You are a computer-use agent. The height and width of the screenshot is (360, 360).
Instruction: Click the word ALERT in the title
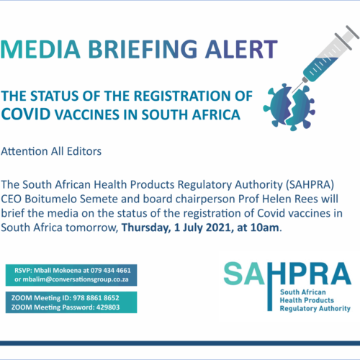coord(241,49)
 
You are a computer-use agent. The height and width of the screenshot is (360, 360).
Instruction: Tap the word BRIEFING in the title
coord(143,49)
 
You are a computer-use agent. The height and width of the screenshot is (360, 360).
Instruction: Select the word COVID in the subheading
coord(26,114)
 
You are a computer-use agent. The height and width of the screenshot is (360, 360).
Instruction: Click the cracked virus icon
coord(289,107)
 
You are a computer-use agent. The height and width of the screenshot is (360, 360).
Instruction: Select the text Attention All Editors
coord(51,151)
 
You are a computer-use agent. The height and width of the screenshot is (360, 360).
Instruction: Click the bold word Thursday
coord(146,228)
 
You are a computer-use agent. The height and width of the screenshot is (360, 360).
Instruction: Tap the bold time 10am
coord(265,228)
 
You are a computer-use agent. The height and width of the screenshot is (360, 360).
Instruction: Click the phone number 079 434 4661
coord(111,271)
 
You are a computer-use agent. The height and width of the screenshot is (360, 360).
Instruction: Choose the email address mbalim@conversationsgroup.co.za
coord(76,279)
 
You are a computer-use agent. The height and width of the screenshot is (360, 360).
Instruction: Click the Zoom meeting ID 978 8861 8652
coord(96,298)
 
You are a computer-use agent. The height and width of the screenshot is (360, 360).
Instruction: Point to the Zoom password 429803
coord(108,307)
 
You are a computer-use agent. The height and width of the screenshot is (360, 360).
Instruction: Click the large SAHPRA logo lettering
coord(287,274)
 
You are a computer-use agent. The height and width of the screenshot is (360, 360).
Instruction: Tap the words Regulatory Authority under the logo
coord(315,309)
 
